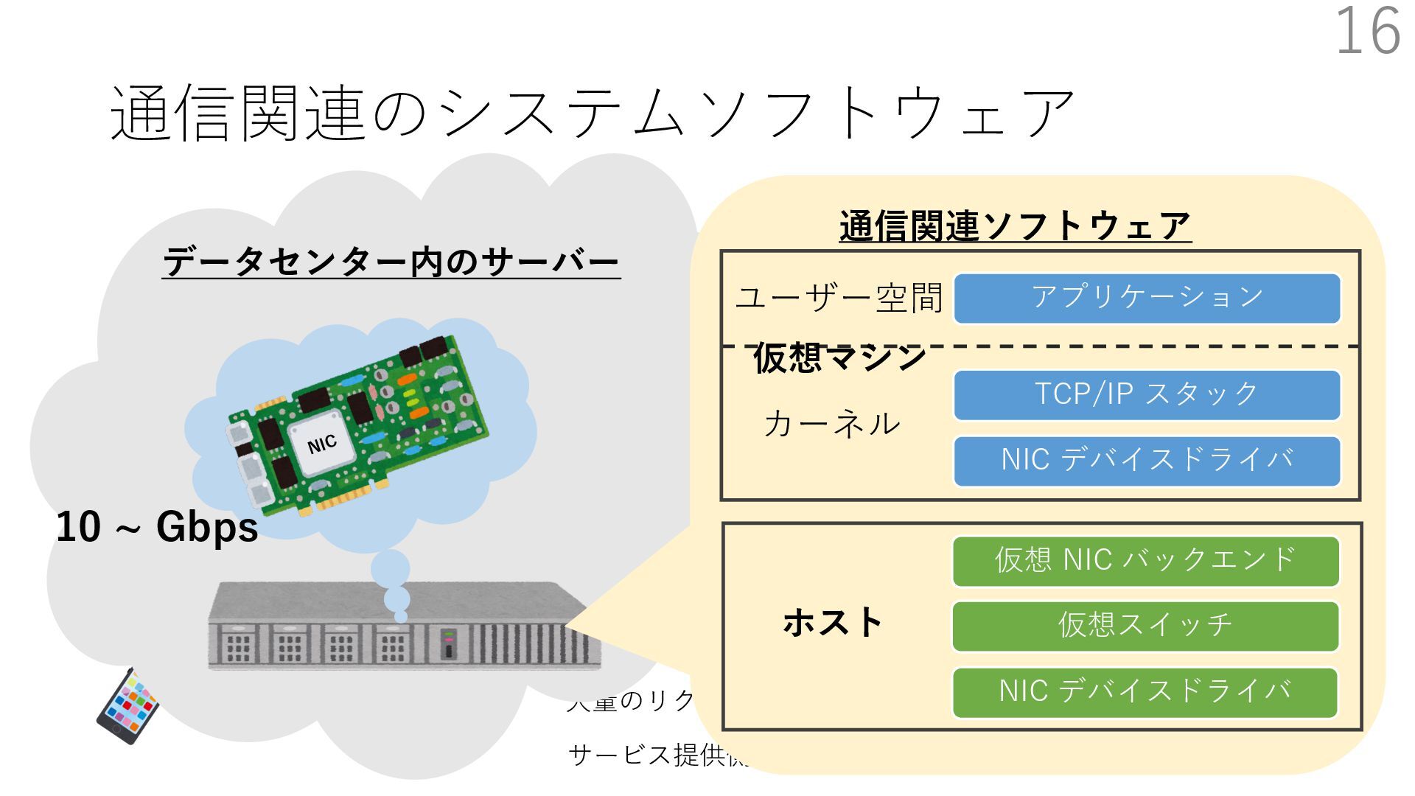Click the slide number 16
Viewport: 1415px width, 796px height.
point(1368,31)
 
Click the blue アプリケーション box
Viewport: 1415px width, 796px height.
point(1147,298)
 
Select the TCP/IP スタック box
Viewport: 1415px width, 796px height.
point(1147,395)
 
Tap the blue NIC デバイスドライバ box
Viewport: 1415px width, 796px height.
point(1147,461)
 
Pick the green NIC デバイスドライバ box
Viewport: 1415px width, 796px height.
point(1145,692)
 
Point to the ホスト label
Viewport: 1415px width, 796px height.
point(833,623)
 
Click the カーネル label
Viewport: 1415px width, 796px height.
point(832,425)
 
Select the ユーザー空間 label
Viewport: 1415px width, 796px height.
point(839,298)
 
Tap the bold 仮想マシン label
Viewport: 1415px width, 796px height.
point(839,358)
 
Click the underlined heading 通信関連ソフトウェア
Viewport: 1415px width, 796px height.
point(1015,226)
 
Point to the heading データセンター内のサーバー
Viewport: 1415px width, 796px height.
point(391,263)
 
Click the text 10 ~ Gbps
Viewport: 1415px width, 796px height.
point(157,528)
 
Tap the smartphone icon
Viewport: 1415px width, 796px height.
point(127,705)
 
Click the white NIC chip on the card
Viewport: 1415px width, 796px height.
point(322,444)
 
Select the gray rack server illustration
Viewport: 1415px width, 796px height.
point(404,626)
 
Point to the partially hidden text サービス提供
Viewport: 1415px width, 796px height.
point(649,755)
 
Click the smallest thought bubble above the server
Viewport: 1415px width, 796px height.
point(401,616)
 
